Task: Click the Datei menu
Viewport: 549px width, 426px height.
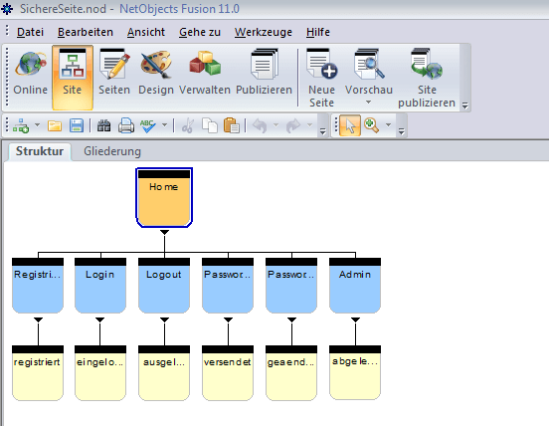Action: (30, 32)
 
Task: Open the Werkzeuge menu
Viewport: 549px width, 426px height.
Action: (264, 32)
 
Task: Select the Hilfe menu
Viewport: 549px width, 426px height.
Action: (318, 32)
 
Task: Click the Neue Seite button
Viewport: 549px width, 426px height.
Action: (322, 78)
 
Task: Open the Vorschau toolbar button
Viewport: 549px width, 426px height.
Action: (369, 77)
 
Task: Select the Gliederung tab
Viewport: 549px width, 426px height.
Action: (112, 151)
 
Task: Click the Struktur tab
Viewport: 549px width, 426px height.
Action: (40, 151)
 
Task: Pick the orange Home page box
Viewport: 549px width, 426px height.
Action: (164, 198)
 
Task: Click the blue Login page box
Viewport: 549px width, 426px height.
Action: (100, 286)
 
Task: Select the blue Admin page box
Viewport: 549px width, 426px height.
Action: (355, 286)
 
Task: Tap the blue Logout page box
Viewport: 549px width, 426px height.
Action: (164, 286)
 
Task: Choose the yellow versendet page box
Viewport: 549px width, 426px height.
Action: (228, 373)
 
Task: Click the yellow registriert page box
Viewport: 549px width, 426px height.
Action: (38, 373)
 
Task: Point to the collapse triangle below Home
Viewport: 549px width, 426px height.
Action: (164, 232)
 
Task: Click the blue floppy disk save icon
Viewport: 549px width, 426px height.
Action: (77, 125)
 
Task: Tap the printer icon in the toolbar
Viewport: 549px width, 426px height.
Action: (126, 125)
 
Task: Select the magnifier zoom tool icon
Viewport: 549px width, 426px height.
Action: (372, 125)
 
